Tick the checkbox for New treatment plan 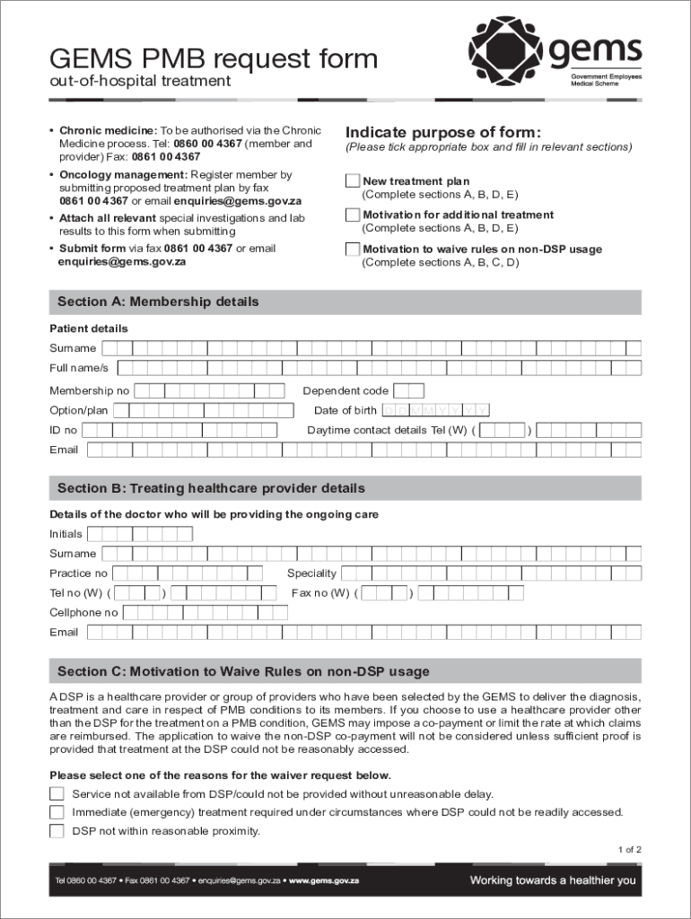353,181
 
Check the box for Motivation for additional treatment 353,215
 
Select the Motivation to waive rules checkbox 353,249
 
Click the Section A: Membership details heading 158,302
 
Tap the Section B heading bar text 211,489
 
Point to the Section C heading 243,671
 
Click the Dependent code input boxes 409,390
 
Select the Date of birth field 436,410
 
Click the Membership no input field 209,390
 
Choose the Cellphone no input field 205,613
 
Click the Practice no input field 187,573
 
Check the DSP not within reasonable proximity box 57,831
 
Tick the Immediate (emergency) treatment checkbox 57,812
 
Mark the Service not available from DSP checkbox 57,794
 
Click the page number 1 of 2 629,849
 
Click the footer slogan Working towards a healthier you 553,880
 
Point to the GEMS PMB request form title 214,59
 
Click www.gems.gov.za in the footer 324,881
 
